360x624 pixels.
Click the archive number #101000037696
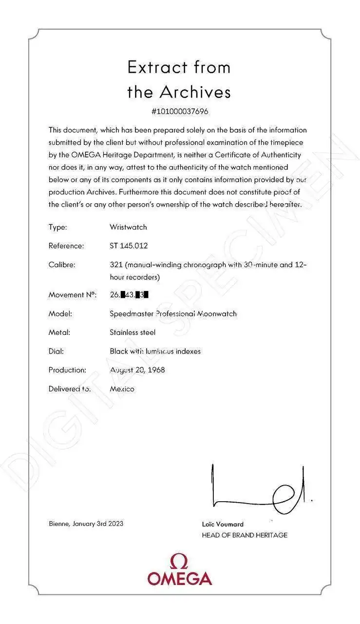tap(180, 111)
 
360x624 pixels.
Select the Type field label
tap(57, 227)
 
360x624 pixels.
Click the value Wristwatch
tap(128, 227)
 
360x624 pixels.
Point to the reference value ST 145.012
tap(131, 246)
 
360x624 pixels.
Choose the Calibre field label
tap(61, 265)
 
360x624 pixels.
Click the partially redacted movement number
tap(129, 294)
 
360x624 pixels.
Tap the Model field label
tap(60, 313)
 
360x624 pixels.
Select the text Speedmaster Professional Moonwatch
tap(173, 313)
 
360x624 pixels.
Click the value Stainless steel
tap(133, 332)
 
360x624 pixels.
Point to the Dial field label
tap(56, 351)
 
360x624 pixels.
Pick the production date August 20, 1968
tap(137, 370)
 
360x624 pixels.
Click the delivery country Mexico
tap(122, 389)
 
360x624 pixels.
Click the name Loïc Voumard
tap(223, 525)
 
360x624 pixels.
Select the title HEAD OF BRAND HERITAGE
tap(245, 535)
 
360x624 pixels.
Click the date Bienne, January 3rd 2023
tap(86, 524)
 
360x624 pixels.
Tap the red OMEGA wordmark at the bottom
tap(180, 579)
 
